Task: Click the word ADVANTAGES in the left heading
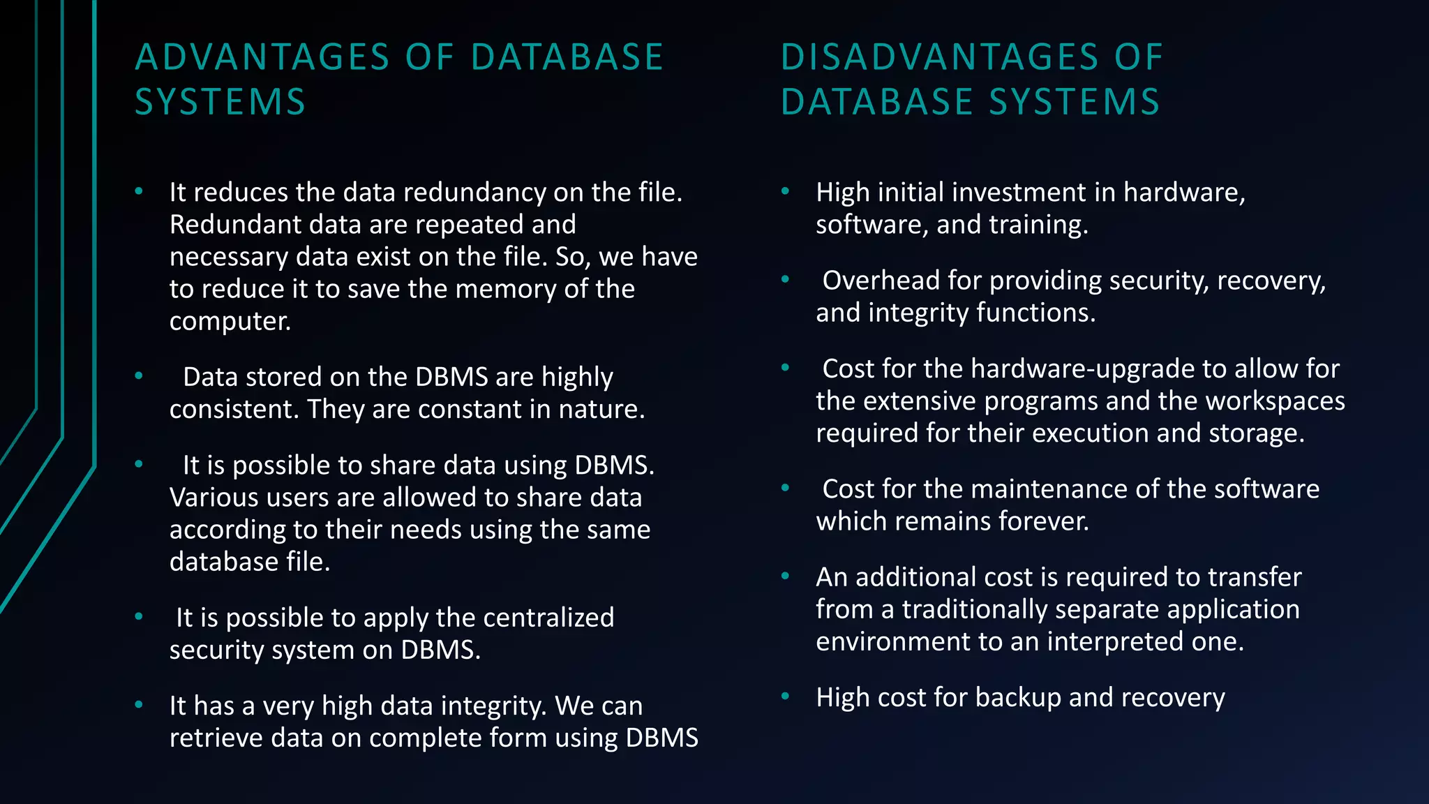(262, 57)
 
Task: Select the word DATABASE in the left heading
(567, 57)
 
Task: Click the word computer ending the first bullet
(230, 322)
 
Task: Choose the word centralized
(548, 618)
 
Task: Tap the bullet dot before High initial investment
(785, 191)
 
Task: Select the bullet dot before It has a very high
(139, 705)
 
